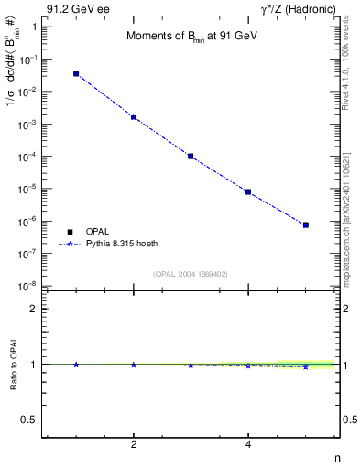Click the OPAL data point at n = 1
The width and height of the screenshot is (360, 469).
[x=76, y=73]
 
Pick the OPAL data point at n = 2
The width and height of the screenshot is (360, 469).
[x=134, y=117]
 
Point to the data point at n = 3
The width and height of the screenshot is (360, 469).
[x=191, y=156]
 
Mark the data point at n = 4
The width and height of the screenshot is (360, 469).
[x=248, y=191]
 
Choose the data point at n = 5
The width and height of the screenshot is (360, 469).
[x=306, y=224]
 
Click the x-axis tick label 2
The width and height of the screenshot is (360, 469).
[x=134, y=444]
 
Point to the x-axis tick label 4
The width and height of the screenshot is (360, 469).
[x=248, y=444]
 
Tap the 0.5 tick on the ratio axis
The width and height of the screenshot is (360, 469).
[x=30, y=420]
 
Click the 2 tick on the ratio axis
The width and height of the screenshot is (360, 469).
[x=34, y=309]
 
